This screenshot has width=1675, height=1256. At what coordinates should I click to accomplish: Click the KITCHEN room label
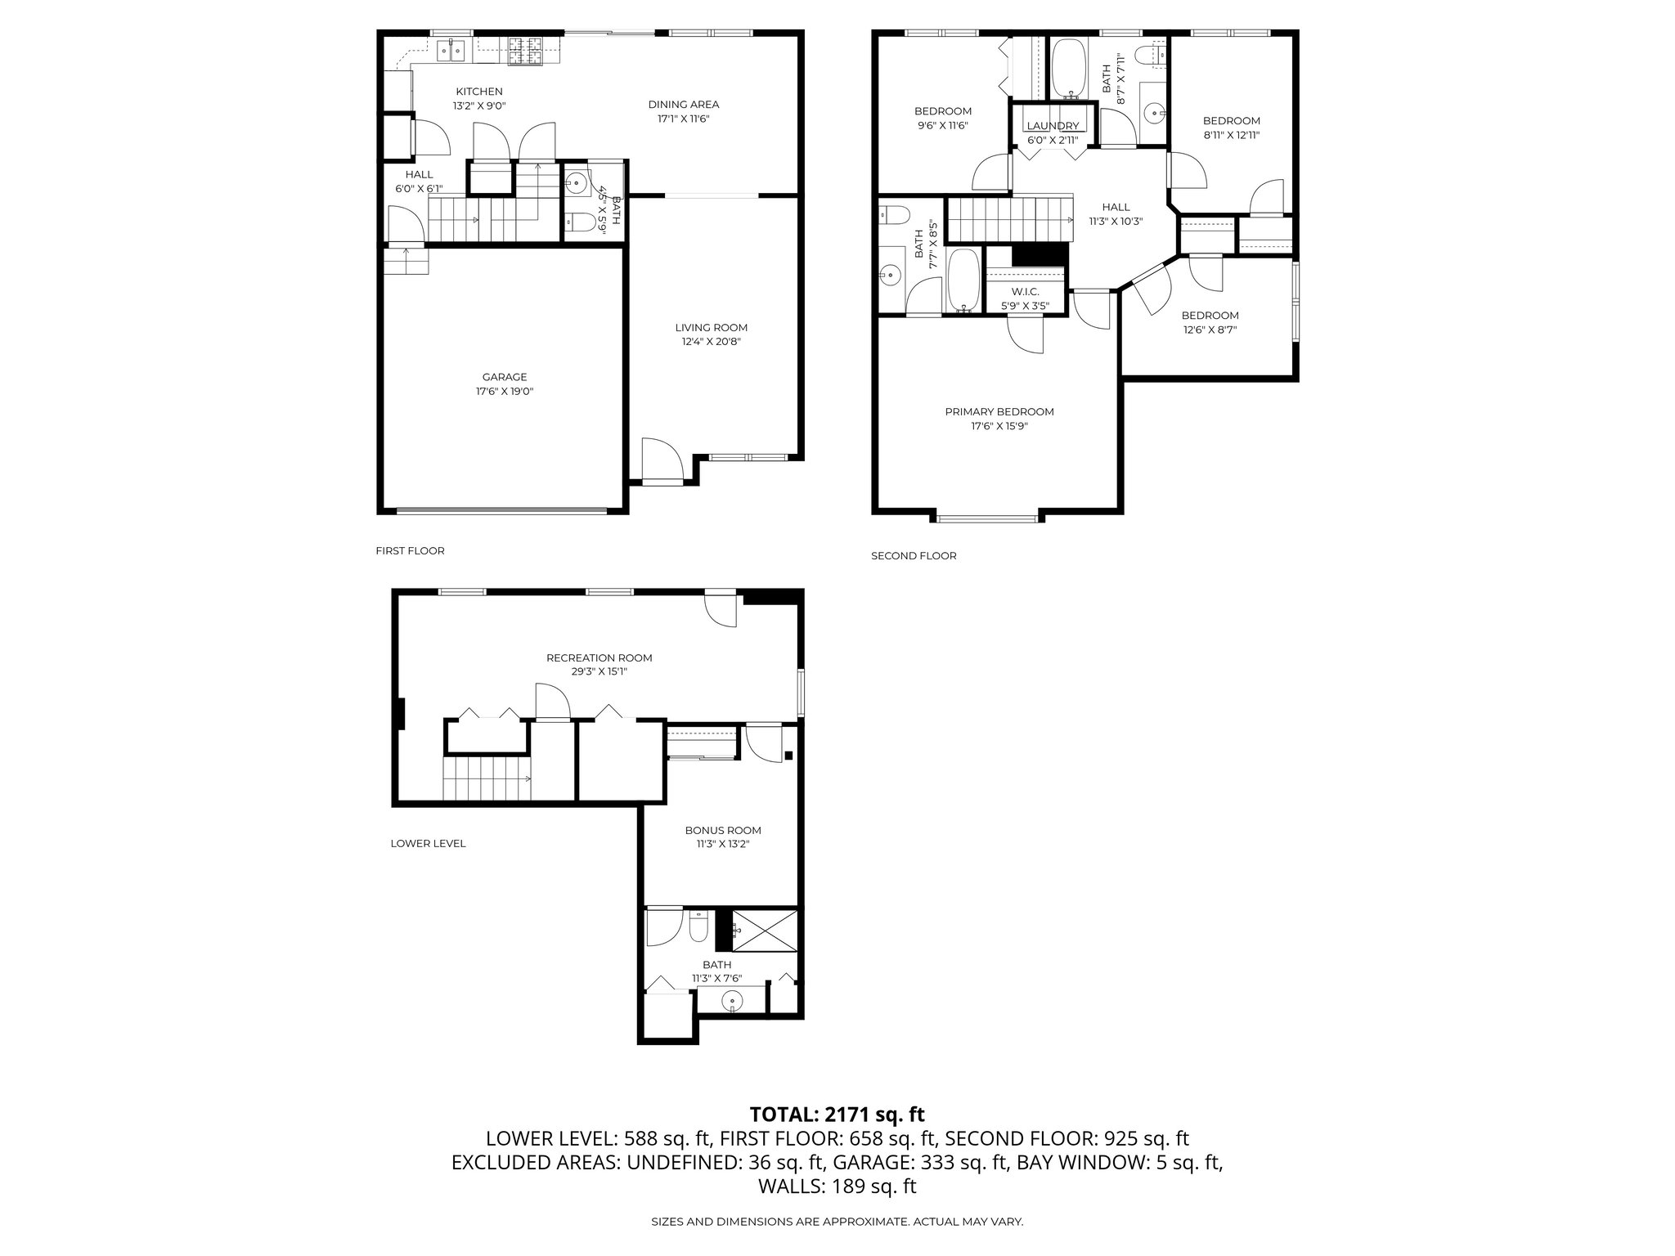[x=479, y=92]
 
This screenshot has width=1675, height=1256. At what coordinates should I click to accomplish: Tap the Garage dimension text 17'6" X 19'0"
[x=504, y=392]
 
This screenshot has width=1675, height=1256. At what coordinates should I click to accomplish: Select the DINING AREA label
[x=684, y=104]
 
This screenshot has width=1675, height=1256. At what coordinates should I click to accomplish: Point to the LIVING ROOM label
[x=716, y=328]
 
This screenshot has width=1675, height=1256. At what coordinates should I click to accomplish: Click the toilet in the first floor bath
[x=579, y=222]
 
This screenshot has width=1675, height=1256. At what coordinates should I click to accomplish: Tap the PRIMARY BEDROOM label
[x=999, y=412]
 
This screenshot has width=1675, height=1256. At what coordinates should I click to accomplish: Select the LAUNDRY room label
[x=1053, y=126]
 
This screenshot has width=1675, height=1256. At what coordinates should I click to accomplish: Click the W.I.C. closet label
[x=1025, y=292]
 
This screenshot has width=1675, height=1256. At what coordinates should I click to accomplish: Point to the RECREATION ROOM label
[x=599, y=657]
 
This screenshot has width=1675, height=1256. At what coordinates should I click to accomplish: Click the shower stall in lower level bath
[x=764, y=930]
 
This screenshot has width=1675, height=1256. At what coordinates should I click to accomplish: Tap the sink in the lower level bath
[x=732, y=999]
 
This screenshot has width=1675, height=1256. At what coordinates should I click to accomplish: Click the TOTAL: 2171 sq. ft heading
[x=837, y=1114]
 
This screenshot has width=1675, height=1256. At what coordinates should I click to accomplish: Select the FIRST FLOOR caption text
[x=410, y=551]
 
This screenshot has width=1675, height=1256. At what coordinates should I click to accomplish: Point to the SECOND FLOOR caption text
[x=913, y=556]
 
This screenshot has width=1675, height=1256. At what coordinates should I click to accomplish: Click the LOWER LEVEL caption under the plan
[x=428, y=844]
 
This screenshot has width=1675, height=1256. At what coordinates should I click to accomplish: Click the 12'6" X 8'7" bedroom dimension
[x=1210, y=330]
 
